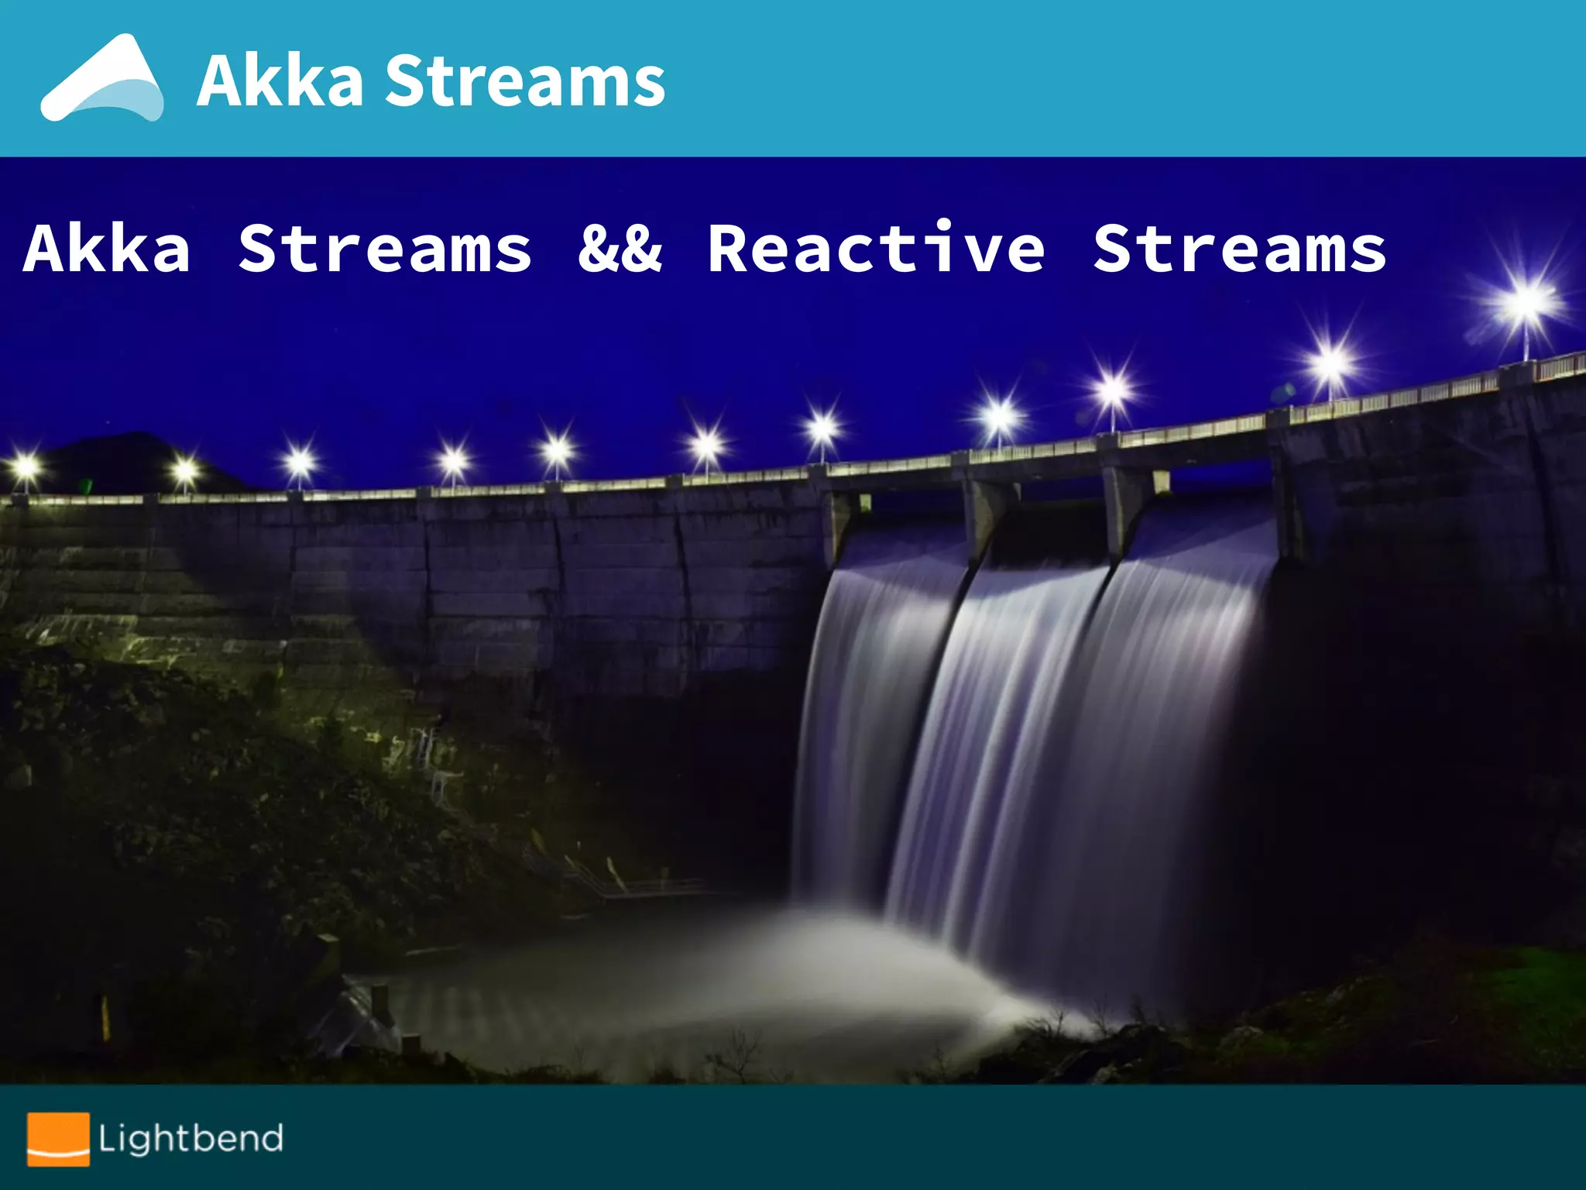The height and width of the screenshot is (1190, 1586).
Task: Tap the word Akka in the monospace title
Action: click(107, 249)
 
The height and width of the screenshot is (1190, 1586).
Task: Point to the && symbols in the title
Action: click(620, 249)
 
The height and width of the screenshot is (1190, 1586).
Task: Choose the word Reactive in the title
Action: click(877, 249)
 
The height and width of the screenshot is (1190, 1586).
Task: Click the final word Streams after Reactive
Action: click(1240, 249)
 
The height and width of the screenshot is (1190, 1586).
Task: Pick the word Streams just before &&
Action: click(385, 249)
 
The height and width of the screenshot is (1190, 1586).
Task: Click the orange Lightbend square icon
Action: click(58, 1138)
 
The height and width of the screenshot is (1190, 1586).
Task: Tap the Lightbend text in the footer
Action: click(191, 1138)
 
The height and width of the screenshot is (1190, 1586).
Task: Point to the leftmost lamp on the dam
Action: click(26, 467)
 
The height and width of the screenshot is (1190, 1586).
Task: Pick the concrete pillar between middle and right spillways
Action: click(1123, 504)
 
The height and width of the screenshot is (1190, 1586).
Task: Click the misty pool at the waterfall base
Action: click(697, 976)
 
